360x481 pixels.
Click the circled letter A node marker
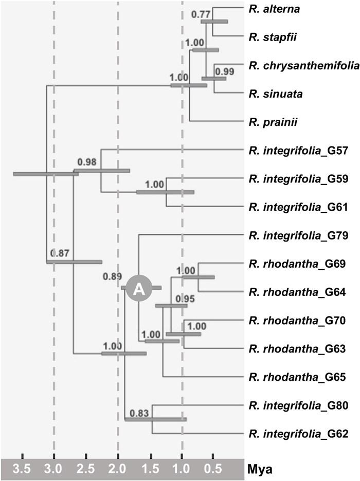[x=138, y=288]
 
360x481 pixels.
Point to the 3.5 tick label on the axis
[x=23, y=469]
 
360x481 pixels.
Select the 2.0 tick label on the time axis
[x=118, y=469]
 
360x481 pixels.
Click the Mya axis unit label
[x=262, y=469]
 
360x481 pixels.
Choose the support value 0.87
[x=61, y=253]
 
